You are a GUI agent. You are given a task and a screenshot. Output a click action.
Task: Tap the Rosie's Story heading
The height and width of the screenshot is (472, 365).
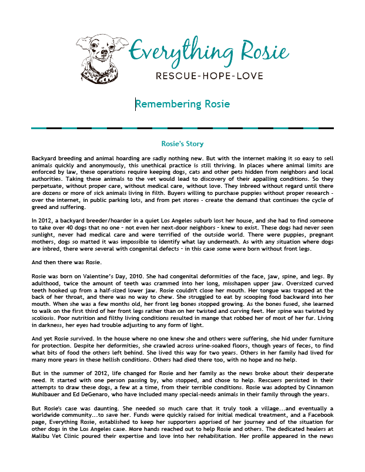(182, 143)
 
